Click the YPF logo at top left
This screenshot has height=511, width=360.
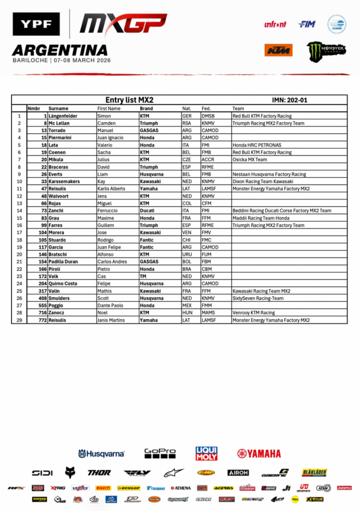36,24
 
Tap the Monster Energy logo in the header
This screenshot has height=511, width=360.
326,51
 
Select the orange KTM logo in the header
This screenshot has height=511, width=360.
278,50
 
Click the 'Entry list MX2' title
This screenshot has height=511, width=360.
129,100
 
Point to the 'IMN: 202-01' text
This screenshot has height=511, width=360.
289,100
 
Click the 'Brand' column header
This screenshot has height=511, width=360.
146,108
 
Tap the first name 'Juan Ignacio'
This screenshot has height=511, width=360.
110,138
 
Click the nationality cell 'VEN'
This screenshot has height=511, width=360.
187,233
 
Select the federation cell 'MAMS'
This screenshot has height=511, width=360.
208,313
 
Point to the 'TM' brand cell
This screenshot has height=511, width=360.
143,276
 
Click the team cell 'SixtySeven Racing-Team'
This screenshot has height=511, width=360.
258,298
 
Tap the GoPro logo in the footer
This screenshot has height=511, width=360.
160,453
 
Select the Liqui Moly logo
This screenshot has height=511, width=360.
206,453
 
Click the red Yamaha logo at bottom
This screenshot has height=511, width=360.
259,454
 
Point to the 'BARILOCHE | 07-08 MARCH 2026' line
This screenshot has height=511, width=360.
61,60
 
